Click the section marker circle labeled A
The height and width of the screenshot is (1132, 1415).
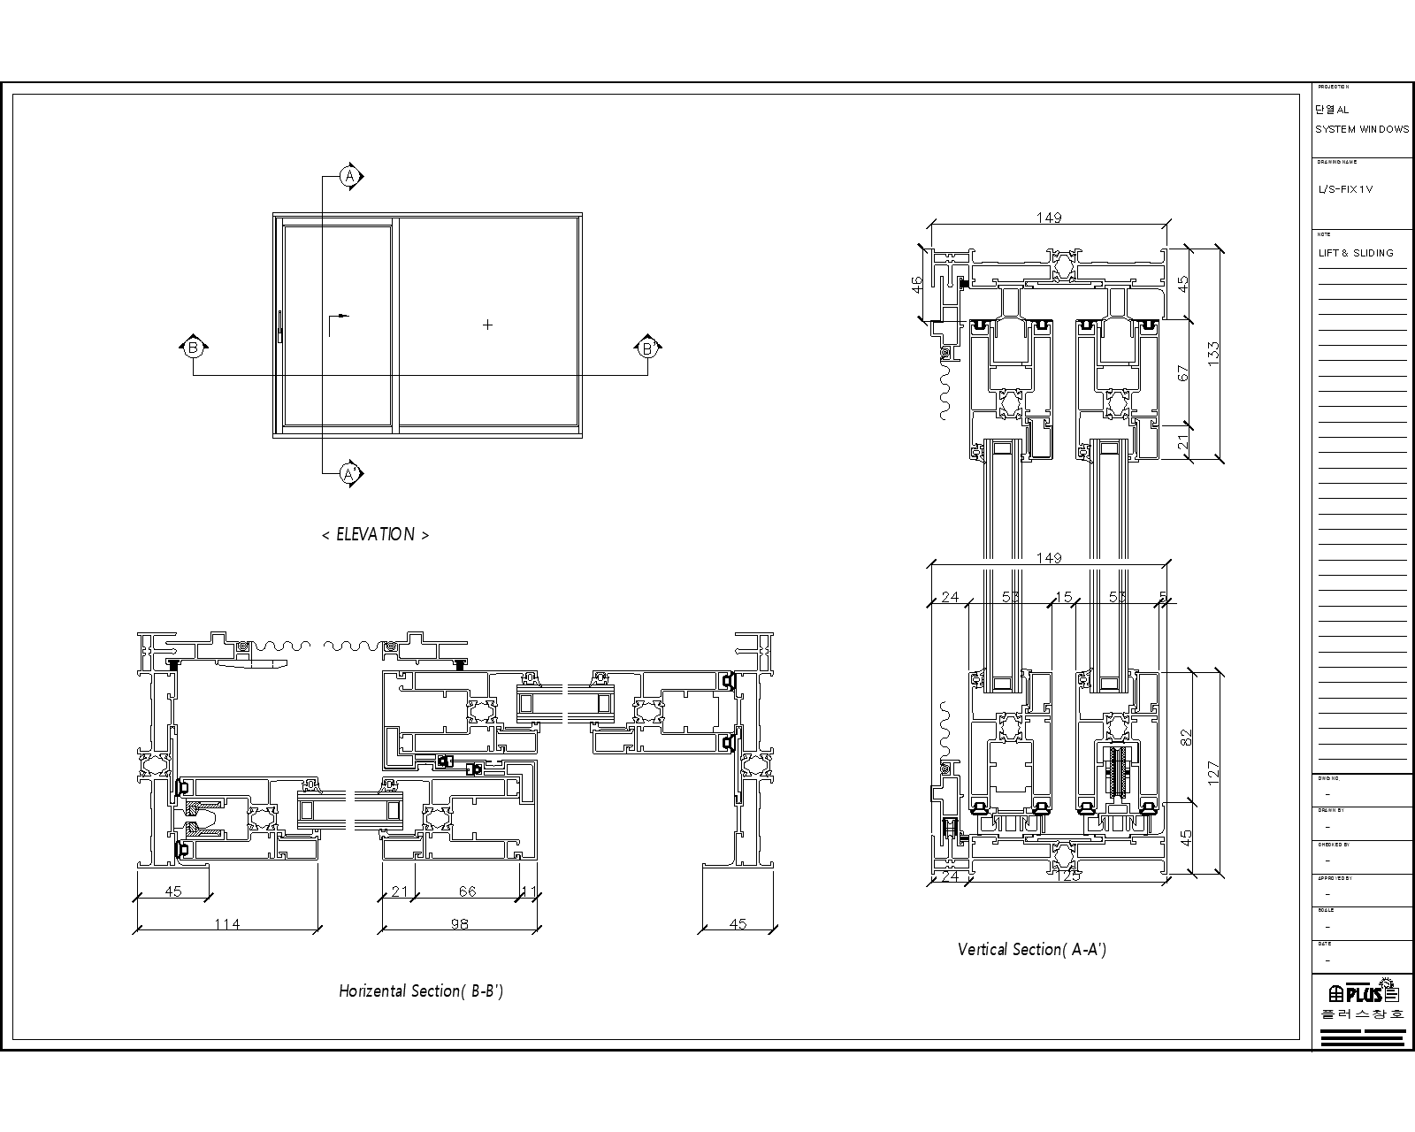point(350,177)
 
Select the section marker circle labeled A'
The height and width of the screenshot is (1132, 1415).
point(350,474)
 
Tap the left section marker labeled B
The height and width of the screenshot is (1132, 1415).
point(193,348)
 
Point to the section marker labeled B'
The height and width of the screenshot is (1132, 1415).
point(647,348)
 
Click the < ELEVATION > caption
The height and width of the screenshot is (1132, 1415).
point(375,534)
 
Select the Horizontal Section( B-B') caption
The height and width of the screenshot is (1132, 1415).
point(421,990)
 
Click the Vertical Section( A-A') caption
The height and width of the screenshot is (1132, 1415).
point(1032,949)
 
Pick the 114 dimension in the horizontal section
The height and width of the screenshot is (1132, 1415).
point(227,924)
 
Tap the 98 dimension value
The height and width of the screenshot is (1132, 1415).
point(459,924)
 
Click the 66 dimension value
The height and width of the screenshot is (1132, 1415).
point(467,891)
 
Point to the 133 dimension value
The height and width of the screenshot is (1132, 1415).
point(1213,353)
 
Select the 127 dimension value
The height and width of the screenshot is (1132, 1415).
point(1213,772)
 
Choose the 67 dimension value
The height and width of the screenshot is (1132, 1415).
point(1184,373)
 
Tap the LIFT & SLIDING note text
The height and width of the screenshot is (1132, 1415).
point(1356,253)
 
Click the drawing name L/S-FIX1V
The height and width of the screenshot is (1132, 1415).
point(1345,189)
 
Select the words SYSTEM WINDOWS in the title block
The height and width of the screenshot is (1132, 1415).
point(1362,129)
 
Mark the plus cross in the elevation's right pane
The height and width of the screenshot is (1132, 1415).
point(487,325)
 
